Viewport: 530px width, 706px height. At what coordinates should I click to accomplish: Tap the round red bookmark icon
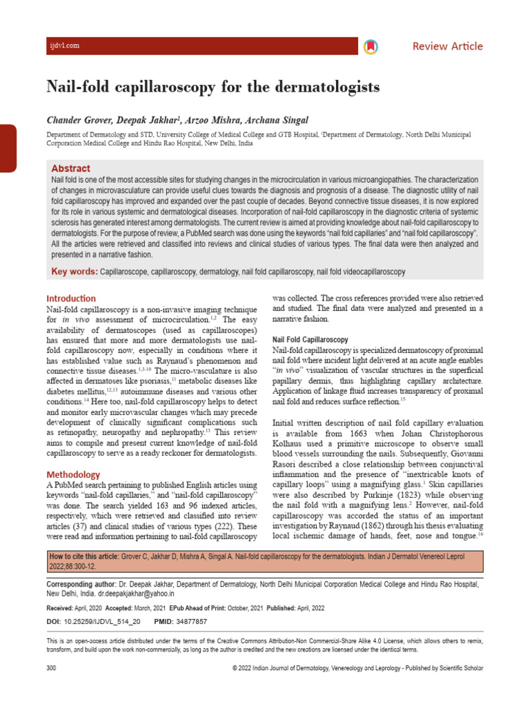pos(369,46)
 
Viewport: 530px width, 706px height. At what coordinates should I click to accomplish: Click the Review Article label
pos(447,46)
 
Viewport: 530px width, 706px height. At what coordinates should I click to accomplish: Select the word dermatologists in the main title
pos(323,88)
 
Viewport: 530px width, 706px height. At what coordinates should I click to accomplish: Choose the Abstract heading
pos(70,168)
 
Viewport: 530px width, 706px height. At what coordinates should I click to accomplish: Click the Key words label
pos(75,272)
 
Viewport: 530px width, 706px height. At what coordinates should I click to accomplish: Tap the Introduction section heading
pos(71,299)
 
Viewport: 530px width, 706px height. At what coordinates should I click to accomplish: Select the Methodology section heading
pos(73,474)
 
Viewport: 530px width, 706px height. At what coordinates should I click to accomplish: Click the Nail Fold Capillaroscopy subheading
pos(310,340)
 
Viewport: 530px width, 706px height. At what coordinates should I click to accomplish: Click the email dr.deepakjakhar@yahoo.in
pos(135,593)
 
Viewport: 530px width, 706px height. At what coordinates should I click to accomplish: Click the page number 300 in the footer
pos(51,668)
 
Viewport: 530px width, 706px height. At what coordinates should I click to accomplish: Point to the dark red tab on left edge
pos(8,148)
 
